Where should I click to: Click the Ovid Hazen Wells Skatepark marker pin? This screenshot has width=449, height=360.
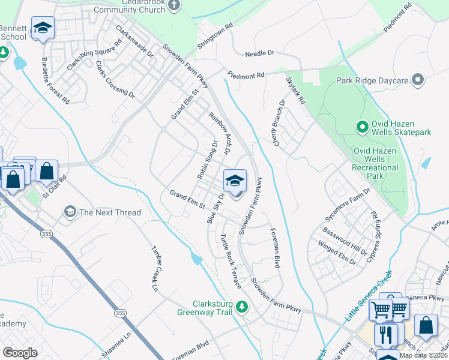[362, 127]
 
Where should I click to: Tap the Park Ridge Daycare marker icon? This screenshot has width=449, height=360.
[418, 80]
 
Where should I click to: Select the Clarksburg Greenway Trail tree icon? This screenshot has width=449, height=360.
[242, 307]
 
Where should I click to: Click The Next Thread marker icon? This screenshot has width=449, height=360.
[70, 212]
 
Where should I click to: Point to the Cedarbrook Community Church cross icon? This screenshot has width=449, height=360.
[175, 5]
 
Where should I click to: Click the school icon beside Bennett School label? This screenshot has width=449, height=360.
[43, 28]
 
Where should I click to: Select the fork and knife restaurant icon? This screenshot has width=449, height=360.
[386, 334]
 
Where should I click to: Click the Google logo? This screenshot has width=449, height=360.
[20, 353]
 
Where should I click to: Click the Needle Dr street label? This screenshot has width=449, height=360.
[259, 53]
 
